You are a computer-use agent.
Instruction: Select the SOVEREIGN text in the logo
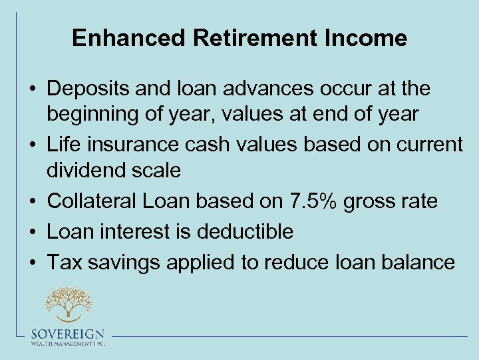click(x=68, y=335)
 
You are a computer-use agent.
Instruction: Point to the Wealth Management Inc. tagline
click(x=68, y=344)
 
